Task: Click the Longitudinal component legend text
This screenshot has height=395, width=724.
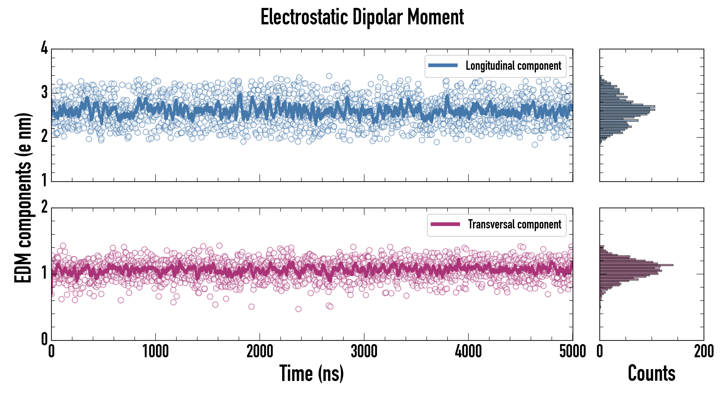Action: tap(513, 66)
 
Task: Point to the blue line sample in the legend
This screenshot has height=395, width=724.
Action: tap(443, 66)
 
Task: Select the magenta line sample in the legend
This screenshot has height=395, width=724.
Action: tap(445, 224)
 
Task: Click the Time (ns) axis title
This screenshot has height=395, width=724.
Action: tap(311, 373)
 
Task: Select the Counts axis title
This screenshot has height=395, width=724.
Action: tap(651, 373)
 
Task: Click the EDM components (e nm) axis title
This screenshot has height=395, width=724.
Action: tap(23, 198)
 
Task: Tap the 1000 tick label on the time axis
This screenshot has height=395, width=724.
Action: tap(155, 351)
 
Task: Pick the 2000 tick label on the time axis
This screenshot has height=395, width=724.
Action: tap(260, 351)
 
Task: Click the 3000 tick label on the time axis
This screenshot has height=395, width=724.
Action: tap(364, 351)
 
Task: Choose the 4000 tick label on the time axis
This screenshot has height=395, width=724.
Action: tap(468, 351)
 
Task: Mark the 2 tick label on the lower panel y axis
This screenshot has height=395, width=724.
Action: tap(44, 207)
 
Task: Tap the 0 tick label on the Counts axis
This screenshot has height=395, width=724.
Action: tap(599, 351)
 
